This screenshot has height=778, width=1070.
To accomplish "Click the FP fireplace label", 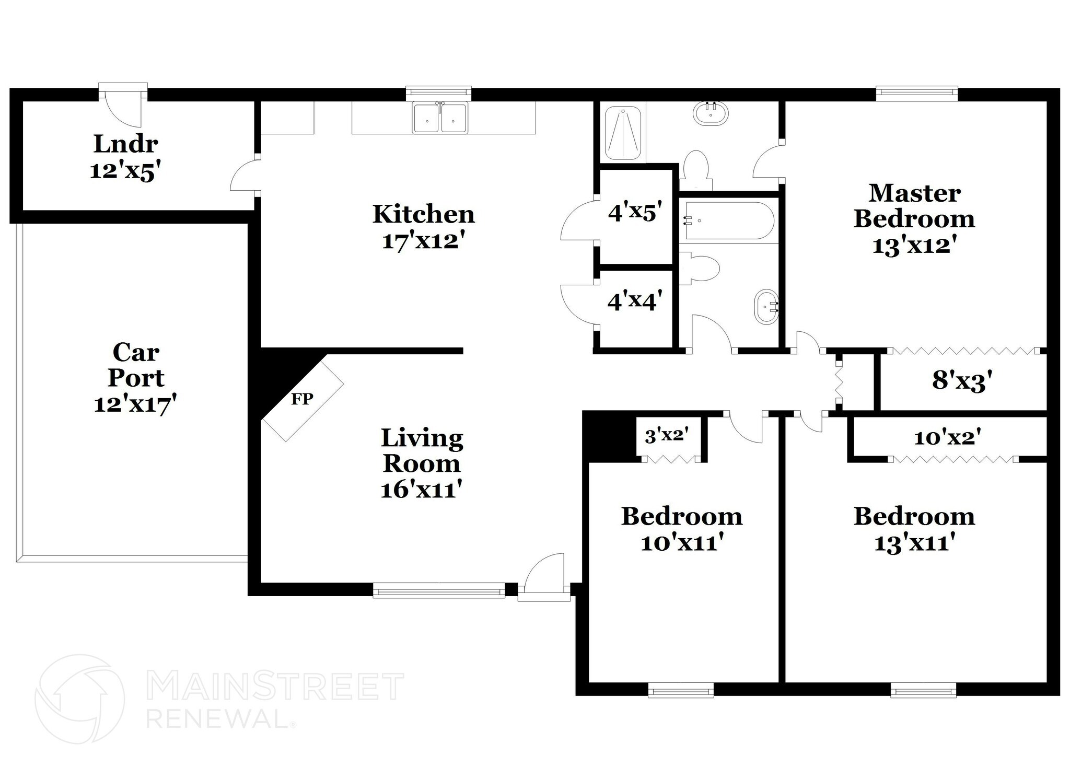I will coord(302,399).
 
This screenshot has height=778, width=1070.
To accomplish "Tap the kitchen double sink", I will coord(440,119).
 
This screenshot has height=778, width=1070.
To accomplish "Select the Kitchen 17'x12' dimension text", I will coord(423,241).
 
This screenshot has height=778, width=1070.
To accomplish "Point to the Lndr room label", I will coord(125,144).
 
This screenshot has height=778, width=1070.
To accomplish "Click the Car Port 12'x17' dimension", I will coord(135,404).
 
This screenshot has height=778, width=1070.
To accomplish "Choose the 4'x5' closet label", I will coord(635,212).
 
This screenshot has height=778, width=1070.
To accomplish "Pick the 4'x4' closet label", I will coord(635,301).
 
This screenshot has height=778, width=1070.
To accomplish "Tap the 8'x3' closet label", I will coord(962,381).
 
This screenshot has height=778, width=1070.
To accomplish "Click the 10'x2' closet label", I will coord(947,437).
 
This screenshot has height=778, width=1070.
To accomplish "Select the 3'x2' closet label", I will coord(667,435).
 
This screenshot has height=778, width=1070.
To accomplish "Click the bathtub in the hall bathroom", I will coord(729,220).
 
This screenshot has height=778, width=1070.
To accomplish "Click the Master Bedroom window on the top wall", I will coord(917,93).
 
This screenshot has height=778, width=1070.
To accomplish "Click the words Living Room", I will coord(422,450).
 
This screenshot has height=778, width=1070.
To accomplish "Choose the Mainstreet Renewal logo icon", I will coord(79,699).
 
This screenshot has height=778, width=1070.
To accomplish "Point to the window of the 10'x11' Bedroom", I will coord(681,691).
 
